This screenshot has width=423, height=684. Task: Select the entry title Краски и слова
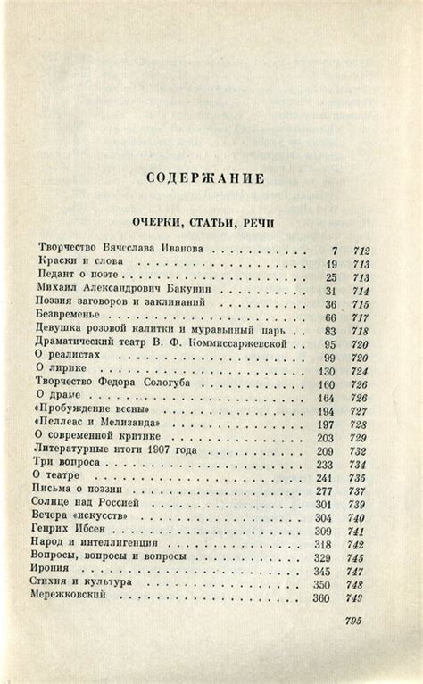pos(76,263)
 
